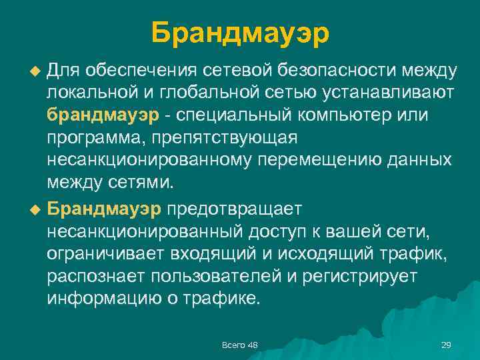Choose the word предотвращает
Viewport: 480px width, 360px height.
click(x=235, y=208)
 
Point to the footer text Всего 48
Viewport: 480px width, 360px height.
click(x=239, y=345)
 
